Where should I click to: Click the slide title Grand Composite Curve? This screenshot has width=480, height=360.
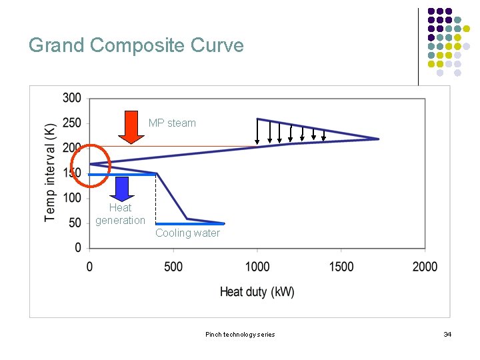point(136,45)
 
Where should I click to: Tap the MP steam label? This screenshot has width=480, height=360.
point(172,123)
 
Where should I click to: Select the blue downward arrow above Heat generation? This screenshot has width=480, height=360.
point(122,188)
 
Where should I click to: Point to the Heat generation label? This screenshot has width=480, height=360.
point(120,214)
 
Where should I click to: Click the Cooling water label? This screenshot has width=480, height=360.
point(187,233)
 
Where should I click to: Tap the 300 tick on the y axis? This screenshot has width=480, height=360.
point(72,99)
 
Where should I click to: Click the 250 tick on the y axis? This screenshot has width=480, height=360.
point(72,123)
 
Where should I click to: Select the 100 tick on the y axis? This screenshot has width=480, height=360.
point(72,198)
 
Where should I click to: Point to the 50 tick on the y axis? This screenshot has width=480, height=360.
point(75,223)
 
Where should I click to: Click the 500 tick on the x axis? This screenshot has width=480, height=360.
point(173,267)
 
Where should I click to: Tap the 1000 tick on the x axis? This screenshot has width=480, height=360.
point(257,267)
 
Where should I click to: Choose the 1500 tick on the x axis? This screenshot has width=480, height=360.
point(341,267)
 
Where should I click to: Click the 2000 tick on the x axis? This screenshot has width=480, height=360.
point(425,267)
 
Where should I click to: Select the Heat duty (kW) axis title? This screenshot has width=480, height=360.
point(257,292)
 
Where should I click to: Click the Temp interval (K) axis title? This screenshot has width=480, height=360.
point(51,172)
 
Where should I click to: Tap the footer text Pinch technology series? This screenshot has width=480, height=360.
point(240,334)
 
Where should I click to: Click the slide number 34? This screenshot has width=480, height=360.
point(447,334)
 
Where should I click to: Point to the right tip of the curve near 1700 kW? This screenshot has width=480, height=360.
point(378,139)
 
